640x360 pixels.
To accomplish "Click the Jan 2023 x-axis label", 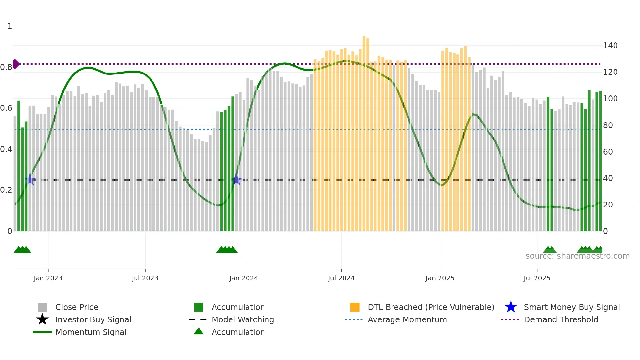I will [x=48, y=278].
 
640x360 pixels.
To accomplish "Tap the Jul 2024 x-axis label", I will [x=341, y=278].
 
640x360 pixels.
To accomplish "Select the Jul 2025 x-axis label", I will [x=537, y=278].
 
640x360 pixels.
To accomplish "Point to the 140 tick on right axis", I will [x=610, y=46].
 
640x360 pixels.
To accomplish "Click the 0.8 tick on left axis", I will [x=6, y=67].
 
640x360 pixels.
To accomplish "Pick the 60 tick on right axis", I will [x=608, y=152].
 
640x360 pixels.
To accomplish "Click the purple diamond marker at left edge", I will [x=16, y=64].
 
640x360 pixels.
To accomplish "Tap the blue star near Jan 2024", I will [x=237, y=180].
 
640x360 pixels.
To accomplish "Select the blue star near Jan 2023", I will [x=30, y=179].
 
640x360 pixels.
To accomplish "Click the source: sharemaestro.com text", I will [x=577, y=256].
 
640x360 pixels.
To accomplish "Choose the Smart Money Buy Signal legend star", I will [x=511, y=307].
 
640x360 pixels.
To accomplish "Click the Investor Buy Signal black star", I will [x=42, y=319].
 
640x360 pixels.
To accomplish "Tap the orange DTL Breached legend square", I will [x=355, y=307].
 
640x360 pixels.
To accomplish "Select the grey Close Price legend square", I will [x=42, y=307].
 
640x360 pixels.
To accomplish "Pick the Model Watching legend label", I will [x=243, y=319].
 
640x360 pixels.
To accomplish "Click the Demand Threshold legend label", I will [x=561, y=319].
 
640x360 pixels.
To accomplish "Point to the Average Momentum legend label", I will [x=407, y=319].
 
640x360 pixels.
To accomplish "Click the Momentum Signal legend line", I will [x=42, y=332].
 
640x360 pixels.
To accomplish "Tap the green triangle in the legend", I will [x=199, y=331].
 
